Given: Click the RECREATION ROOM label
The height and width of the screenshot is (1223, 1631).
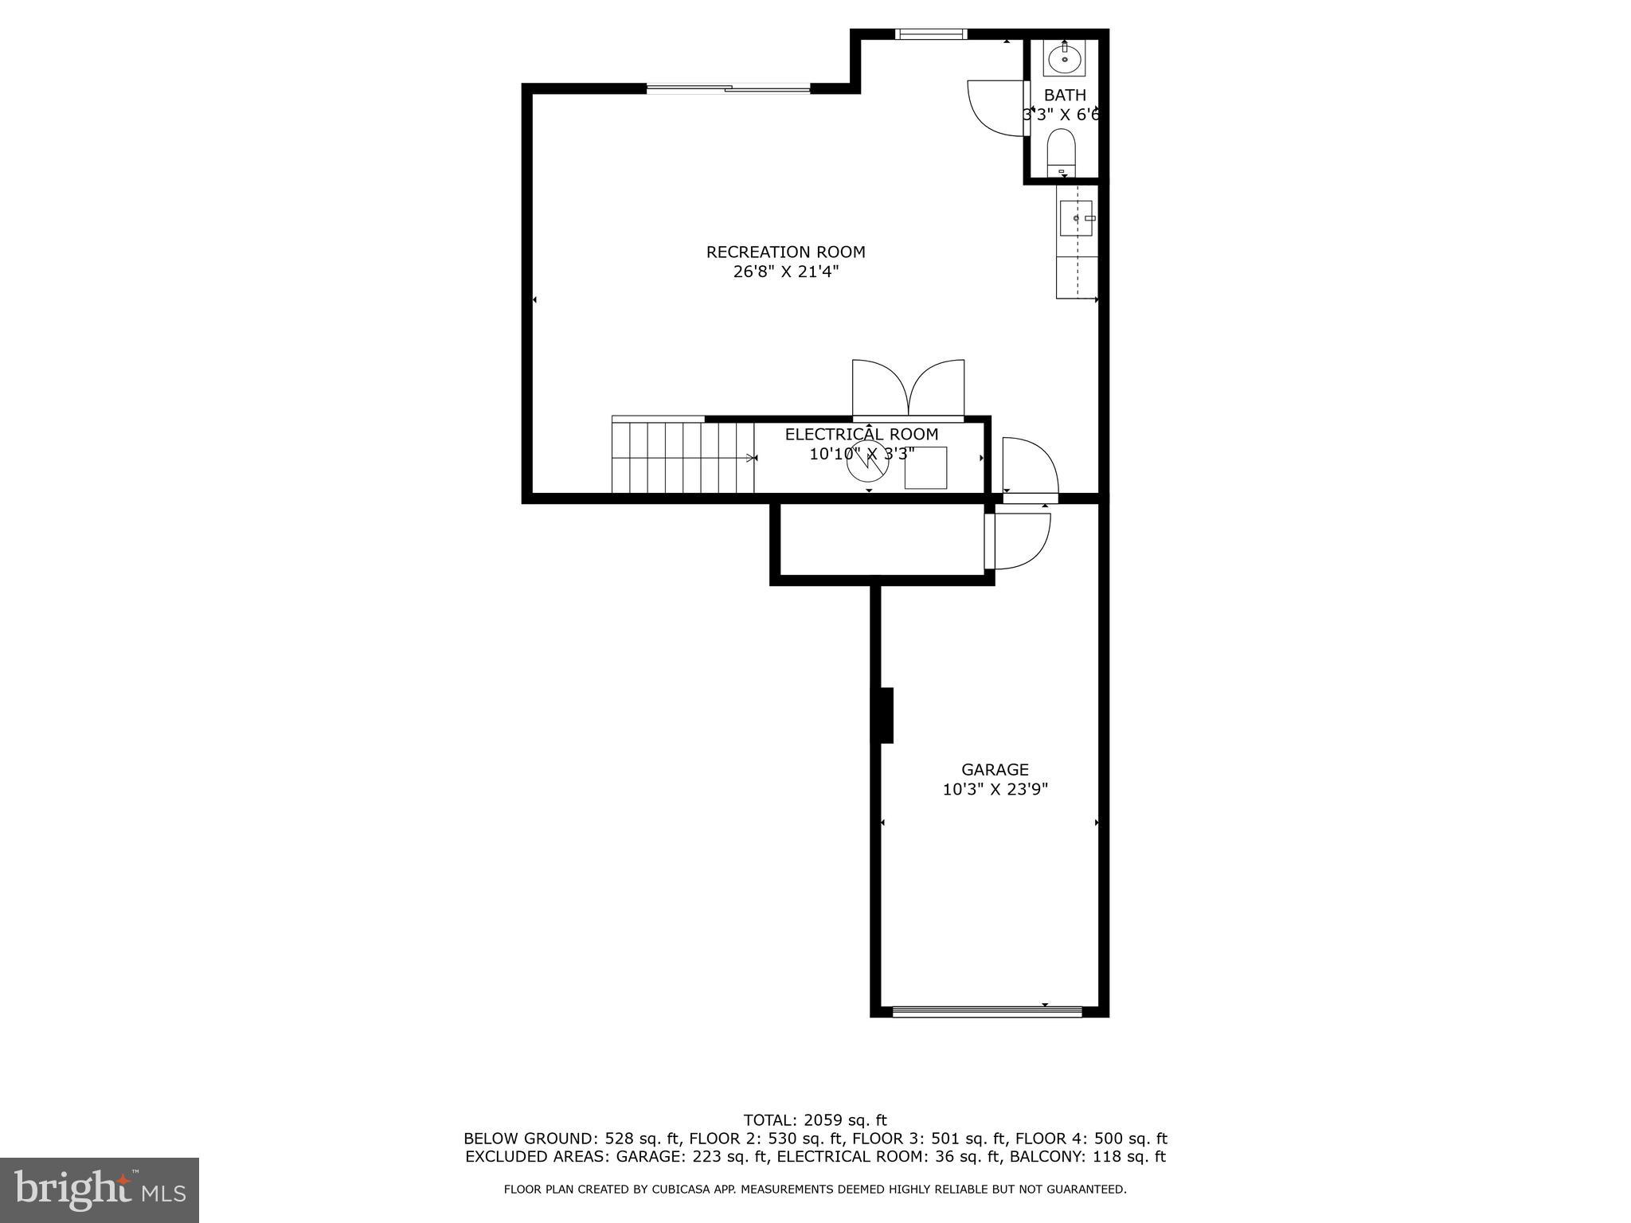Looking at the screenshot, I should point(785,252).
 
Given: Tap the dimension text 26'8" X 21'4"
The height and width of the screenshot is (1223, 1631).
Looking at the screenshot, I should point(785,272).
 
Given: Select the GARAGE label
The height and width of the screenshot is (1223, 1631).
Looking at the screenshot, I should point(995,770).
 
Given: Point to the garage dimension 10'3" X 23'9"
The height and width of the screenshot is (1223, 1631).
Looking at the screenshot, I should point(995,790).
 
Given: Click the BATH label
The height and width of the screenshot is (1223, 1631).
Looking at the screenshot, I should point(1065,96).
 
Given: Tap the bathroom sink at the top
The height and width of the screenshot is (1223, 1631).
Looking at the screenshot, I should point(1065,58).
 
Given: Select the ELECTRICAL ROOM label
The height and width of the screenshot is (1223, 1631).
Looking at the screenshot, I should point(862,435).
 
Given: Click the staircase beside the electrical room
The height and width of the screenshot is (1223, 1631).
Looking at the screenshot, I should point(683,458).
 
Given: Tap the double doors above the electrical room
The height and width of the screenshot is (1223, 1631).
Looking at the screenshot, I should point(908,389).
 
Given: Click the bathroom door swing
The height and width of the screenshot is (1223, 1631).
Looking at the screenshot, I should point(994,108).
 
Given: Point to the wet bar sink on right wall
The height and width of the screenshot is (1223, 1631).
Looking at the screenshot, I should point(1076,218).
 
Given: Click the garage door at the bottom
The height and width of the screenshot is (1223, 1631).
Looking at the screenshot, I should point(987,1012).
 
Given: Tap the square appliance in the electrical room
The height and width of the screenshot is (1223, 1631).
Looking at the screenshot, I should point(925,468).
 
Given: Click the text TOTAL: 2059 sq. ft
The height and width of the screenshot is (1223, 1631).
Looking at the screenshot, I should point(815,1120).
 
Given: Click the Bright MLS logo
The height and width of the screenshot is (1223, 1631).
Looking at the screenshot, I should point(99,1190).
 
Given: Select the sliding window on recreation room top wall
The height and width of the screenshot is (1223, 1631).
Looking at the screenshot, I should point(728,88).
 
